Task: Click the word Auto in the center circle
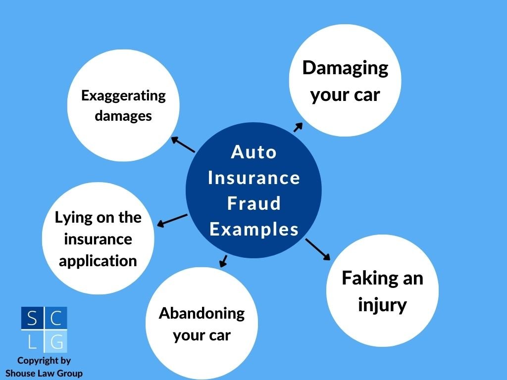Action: tap(253, 152)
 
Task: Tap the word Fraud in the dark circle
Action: tap(253, 203)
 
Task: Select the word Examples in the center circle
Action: tap(253, 229)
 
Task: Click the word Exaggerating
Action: tap(123, 95)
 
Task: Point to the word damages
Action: tap(123, 116)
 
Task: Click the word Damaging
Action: tap(345, 68)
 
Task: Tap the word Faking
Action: tap(363, 278)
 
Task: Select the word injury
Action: tap(382, 304)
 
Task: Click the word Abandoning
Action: tap(202, 313)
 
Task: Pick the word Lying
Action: tap(70, 218)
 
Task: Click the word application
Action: tap(98, 261)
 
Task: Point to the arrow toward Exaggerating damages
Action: tap(183, 144)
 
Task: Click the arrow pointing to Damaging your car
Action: tap(298, 127)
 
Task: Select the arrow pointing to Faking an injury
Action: tap(317, 249)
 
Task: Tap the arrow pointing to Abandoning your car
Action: tap(223, 261)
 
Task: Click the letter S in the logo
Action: tap(32, 319)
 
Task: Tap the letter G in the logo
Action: tap(57, 341)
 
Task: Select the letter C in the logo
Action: tap(57, 319)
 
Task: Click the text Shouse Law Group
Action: tap(44, 373)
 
